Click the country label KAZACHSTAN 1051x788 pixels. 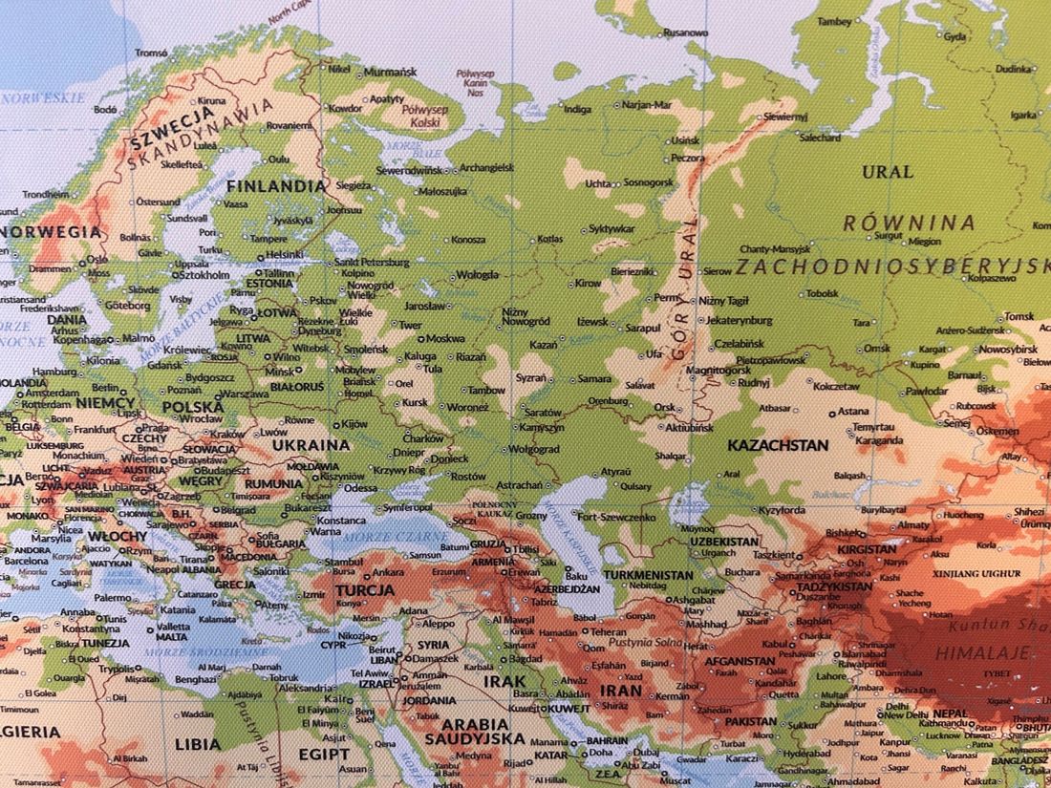click(x=777, y=445)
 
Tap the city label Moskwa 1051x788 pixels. click(x=445, y=338)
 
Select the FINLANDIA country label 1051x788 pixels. click(x=275, y=186)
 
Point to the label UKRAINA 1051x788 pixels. click(x=311, y=444)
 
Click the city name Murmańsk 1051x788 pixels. click(x=390, y=72)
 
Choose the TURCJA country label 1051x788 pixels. click(x=364, y=590)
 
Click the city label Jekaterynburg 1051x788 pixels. click(x=740, y=320)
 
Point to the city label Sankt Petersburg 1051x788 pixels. click(x=372, y=261)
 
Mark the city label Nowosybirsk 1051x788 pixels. click(x=1007, y=350)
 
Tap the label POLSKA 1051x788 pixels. click(x=193, y=406)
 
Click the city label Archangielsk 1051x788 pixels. click(x=486, y=167)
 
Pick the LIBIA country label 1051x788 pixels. click(x=198, y=743)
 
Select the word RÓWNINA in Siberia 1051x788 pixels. click(x=908, y=224)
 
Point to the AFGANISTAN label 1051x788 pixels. click(x=740, y=660)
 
